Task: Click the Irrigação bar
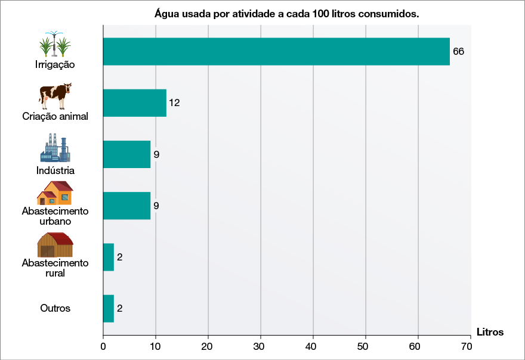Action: coord(276,51)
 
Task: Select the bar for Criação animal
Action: coord(134,103)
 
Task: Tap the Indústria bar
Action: coord(126,154)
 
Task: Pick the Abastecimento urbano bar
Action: coord(126,206)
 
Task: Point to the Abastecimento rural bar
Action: coord(109,257)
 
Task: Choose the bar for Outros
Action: coord(109,308)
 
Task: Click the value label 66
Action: coord(458,51)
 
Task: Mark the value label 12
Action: coord(174,103)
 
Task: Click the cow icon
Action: coord(55,95)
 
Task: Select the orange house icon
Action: coord(55,193)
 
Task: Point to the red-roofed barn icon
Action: coord(55,244)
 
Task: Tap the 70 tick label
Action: coord(470,346)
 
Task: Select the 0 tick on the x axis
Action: coord(103,346)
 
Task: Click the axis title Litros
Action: coord(490,332)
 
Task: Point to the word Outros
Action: coord(55,308)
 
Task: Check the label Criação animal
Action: coord(55,116)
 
